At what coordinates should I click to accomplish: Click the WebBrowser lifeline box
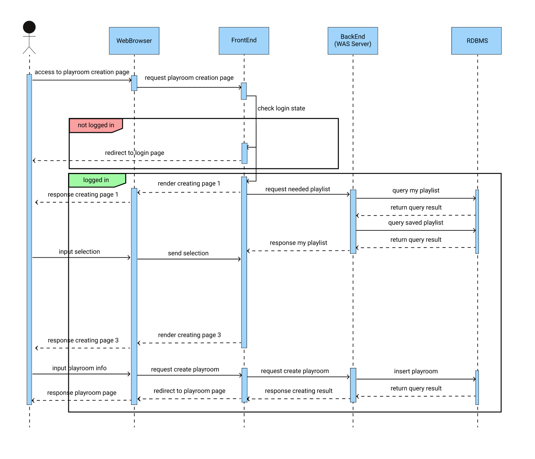(134, 41)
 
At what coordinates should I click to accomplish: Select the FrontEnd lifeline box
(244, 41)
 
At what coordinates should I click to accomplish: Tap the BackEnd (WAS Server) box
(353, 41)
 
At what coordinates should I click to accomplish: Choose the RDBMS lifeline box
(476, 41)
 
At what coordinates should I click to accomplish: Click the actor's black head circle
(29, 27)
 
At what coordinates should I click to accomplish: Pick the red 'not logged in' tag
(96, 125)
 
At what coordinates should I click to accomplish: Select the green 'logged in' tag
(96, 180)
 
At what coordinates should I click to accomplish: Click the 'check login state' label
(281, 109)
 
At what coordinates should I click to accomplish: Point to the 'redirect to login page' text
(134, 153)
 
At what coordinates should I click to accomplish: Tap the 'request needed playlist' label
(297, 189)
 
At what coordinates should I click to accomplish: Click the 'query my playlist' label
(416, 191)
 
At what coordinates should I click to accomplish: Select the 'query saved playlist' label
(416, 223)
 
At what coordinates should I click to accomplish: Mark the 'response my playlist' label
(298, 243)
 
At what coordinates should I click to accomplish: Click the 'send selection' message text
(188, 254)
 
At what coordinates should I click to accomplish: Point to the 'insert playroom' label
(416, 371)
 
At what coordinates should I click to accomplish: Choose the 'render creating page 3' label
(189, 335)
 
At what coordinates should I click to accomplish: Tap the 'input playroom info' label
(79, 368)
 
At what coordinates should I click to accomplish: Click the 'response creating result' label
(299, 391)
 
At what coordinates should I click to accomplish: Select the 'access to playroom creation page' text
(82, 72)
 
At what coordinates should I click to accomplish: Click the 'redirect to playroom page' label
(189, 391)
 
